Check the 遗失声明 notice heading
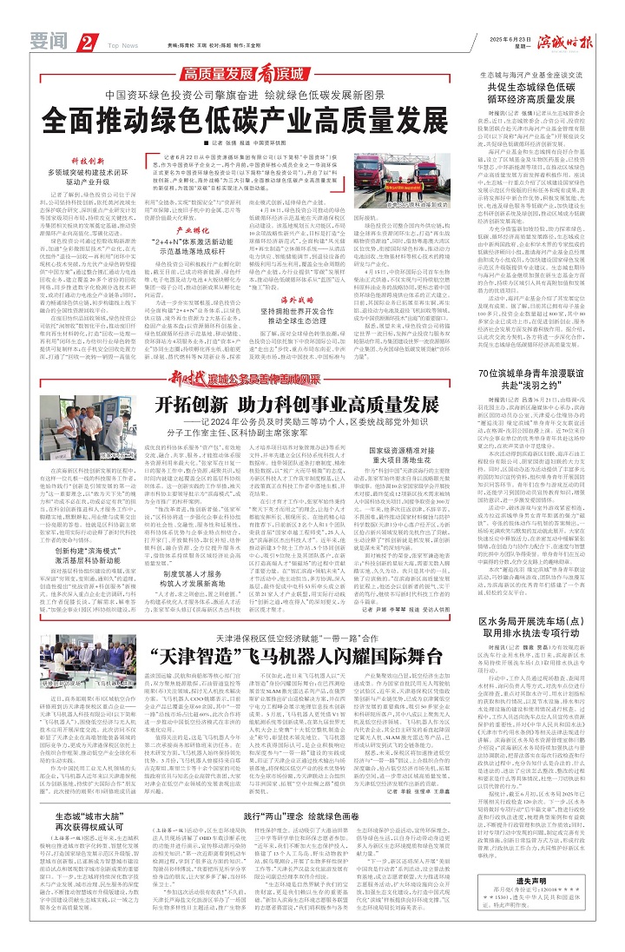click(555, 883)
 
